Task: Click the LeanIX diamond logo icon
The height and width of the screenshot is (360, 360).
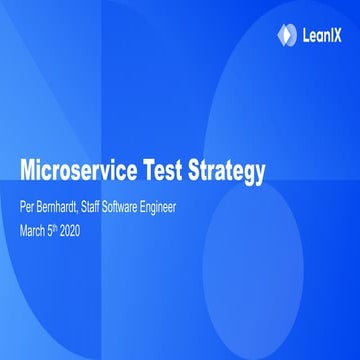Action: tap(285, 34)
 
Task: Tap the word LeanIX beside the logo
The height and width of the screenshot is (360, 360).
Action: tap(319, 35)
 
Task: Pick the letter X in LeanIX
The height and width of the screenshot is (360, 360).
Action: tap(338, 35)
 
